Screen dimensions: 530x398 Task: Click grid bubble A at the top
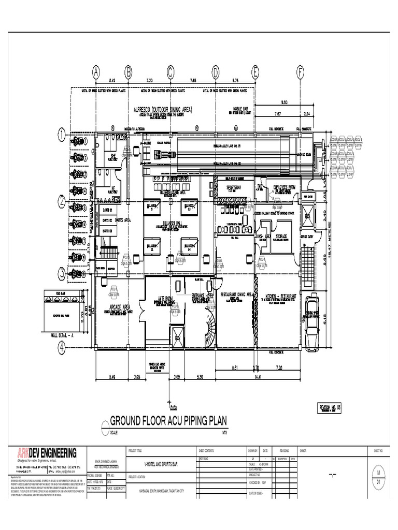(96, 72)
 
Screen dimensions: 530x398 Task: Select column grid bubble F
(300, 72)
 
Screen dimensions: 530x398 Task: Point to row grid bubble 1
(62, 136)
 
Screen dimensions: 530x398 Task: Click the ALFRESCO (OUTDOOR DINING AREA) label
(163, 110)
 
